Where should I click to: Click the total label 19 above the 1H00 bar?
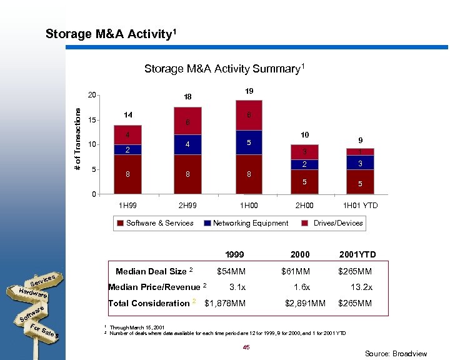249,91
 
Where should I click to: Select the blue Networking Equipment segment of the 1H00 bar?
249,142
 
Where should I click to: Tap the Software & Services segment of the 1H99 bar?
127,174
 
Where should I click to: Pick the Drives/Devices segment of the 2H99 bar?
187,121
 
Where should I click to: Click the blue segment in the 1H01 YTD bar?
360,162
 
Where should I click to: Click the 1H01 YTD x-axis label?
360,206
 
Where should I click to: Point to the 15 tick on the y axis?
91,120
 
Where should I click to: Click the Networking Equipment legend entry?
250,223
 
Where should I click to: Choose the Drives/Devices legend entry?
337,223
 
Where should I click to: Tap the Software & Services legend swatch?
119,223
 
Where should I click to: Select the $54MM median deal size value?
231,271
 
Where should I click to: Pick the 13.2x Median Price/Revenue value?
361,287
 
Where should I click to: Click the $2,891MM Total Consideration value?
305,303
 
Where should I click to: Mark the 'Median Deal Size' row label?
152,271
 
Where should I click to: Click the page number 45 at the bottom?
247,347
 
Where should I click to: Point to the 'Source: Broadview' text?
396,354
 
